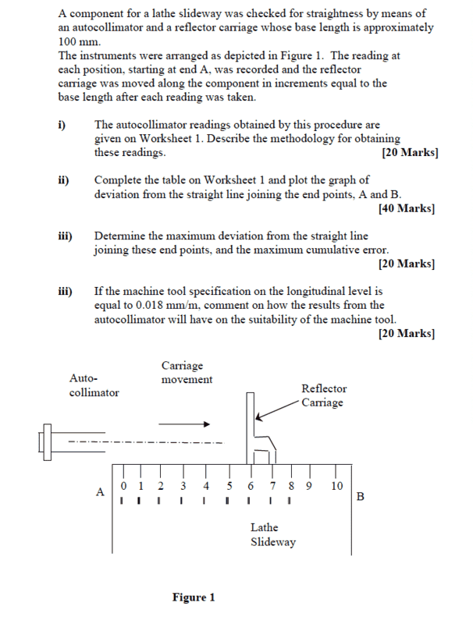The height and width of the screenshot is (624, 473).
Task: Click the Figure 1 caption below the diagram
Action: [193, 597]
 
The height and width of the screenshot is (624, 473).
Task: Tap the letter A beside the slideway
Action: [99, 492]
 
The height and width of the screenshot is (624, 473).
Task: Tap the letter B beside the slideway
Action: [360, 496]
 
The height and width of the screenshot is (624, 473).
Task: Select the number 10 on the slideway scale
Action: [336, 486]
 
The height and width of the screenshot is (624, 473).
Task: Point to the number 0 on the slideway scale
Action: [123, 486]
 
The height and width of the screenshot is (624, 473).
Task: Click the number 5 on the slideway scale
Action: [229, 486]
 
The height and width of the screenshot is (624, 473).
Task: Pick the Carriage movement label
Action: [187, 372]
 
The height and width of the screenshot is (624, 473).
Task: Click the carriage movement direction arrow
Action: [184, 425]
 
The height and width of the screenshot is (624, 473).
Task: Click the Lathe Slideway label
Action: [272, 535]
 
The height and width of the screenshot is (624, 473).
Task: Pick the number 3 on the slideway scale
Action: [183, 486]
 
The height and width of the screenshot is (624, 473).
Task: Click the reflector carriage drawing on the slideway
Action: [260, 433]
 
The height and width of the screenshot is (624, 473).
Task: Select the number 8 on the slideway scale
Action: [290, 486]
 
